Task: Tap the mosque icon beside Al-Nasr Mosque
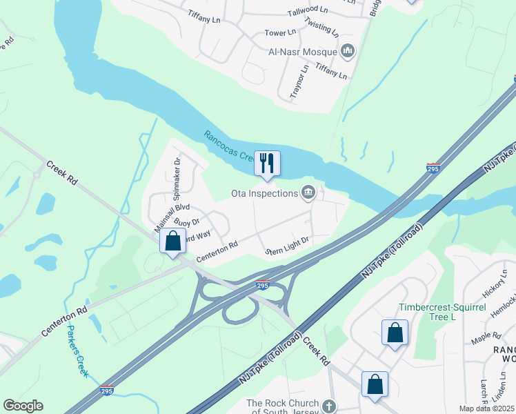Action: tap(348, 51)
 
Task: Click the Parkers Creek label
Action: tap(78, 350)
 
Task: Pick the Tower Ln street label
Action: tap(280, 32)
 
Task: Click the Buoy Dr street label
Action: tap(186, 222)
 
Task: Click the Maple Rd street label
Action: tap(486, 336)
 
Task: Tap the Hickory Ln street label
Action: tap(495, 284)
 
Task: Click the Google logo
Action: tap(23, 406)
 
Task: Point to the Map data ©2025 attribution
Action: tap(486, 408)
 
